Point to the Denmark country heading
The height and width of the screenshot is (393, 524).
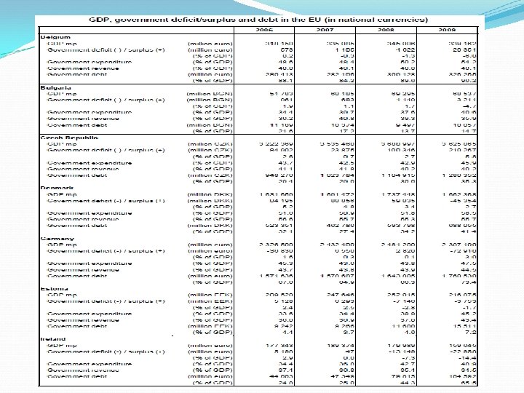(56, 188)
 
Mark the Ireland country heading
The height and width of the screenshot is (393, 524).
(55, 339)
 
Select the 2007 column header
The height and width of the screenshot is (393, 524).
(324, 30)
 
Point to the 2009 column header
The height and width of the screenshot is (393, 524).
(447, 30)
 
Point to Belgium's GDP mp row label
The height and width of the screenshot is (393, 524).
(61, 42)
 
